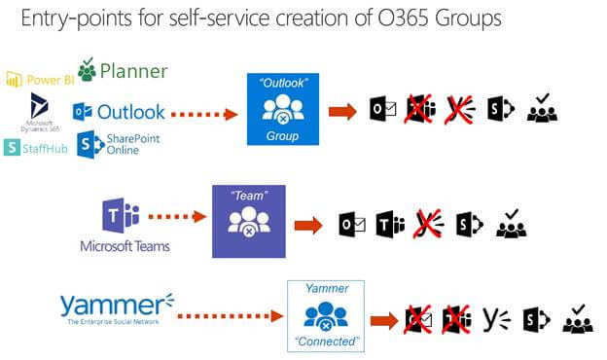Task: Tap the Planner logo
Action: point(123,71)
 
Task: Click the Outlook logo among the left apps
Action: point(119,112)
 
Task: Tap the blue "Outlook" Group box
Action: point(283,109)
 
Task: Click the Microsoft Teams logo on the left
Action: point(125,225)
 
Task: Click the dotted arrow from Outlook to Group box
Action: point(205,113)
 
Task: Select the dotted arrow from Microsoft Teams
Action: point(182,219)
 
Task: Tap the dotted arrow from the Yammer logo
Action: point(232,315)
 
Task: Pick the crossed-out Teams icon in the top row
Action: point(419,109)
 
